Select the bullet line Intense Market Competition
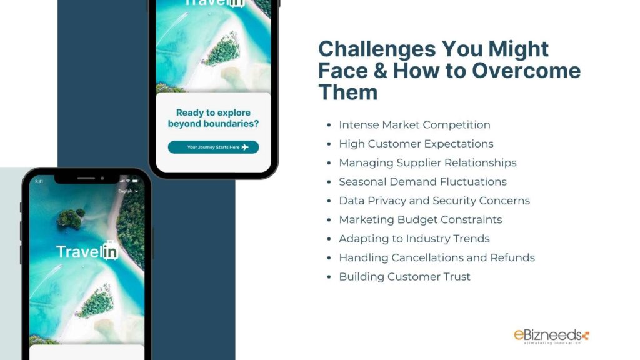[414, 125]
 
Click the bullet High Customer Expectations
[416, 144]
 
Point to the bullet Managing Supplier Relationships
[427, 162]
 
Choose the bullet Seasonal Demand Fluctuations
[422, 182]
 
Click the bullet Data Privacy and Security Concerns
[434, 201]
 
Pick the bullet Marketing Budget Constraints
[420, 219]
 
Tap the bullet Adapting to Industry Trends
[414, 239]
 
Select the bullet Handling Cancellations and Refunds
[436, 257]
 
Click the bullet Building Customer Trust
[404, 277]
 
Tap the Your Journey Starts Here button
[213, 147]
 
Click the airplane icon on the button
[245, 147]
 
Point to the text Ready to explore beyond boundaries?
[213, 118]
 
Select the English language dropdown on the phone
[127, 191]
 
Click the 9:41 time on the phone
[39, 182]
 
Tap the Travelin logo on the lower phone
[87, 251]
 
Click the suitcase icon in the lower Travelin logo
[111, 250]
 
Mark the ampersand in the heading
[381, 71]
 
